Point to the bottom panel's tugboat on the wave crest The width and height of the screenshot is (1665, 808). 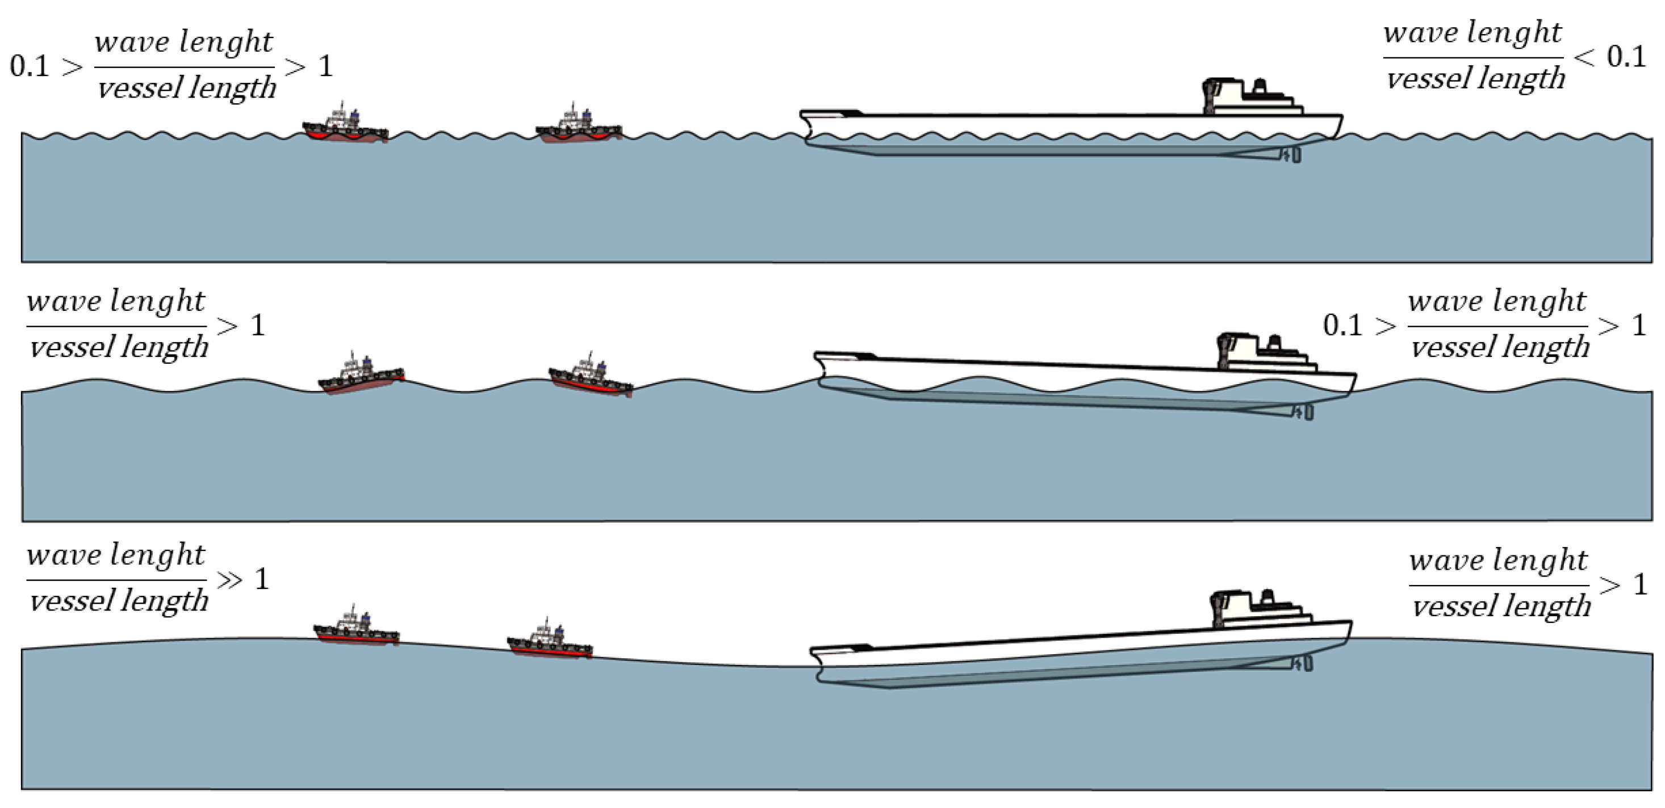[x=356, y=628]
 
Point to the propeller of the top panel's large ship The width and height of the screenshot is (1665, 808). [x=1295, y=155]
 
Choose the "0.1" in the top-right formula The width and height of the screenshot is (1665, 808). [x=1626, y=57]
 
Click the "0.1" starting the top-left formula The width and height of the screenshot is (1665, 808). [x=30, y=66]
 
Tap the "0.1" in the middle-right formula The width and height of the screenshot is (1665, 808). [x=1342, y=325]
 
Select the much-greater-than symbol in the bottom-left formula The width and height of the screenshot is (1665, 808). [x=229, y=580]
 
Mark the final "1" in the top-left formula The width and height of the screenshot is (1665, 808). [x=326, y=66]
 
